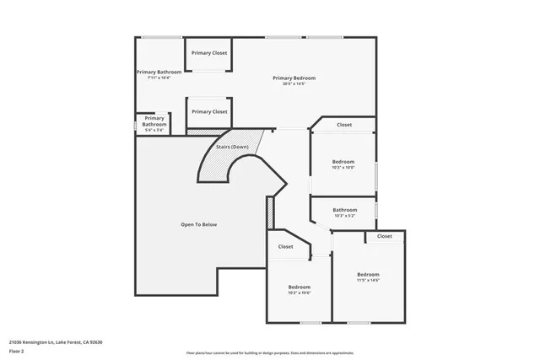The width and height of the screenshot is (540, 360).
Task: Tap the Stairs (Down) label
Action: pos(232,147)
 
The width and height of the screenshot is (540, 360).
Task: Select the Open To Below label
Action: pos(199,224)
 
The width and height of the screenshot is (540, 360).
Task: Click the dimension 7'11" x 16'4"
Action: pos(159,78)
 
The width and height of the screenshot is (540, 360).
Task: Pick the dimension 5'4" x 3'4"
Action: pos(154,130)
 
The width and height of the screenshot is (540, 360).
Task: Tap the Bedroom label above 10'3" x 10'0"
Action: pos(343,161)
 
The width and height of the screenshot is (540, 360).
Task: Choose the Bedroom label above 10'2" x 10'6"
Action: pos(300,287)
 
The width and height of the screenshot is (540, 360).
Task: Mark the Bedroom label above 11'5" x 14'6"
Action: pos(368,274)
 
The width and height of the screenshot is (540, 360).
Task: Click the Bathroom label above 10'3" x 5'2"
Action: pos(344,210)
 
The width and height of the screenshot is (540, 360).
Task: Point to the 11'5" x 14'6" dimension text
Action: pos(368,280)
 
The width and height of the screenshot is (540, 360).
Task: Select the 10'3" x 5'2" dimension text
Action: pos(344,216)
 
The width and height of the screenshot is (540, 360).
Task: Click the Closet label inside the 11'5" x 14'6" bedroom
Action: pos(385,236)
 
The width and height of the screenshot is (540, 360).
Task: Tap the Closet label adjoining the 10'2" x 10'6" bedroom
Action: pos(286,246)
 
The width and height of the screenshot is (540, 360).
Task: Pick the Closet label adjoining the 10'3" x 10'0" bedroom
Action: pos(344,125)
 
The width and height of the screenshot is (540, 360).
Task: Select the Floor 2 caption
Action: pos(16,351)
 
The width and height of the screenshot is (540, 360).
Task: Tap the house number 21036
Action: pos(16,341)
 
